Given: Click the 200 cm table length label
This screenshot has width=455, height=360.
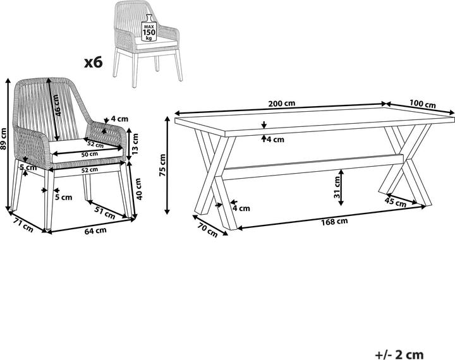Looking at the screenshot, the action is tap(281, 104).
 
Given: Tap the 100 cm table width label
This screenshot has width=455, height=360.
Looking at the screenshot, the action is tap(423, 104).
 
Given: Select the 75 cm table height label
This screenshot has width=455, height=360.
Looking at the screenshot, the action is tap(162, 165).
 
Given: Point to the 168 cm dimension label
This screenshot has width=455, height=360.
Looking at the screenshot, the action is tap(334, 222).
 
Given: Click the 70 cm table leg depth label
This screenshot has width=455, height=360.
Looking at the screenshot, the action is tap(207, 229).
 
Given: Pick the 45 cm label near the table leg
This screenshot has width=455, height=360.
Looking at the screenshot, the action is tap(395, 202).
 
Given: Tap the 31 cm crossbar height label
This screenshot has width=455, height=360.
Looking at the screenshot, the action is tap(337, 188).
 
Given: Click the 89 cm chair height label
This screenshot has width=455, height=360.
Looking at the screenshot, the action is tap(3, 139).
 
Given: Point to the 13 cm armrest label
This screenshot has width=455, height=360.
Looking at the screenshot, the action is tap(135, 143).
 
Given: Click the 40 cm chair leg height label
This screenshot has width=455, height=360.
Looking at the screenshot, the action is tap(138, 189).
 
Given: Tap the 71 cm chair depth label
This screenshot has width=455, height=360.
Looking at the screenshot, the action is tap(24, 225).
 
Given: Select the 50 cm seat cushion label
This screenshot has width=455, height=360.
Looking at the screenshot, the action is tap(89, 154).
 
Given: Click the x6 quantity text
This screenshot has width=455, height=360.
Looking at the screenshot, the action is tap(94, 63).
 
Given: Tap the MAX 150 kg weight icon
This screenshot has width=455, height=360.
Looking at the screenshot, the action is tap(149, 28).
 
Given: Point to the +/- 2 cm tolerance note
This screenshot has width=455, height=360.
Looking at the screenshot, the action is tap(399, 354).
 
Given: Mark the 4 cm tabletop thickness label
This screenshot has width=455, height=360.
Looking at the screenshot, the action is tap(276, 139).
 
